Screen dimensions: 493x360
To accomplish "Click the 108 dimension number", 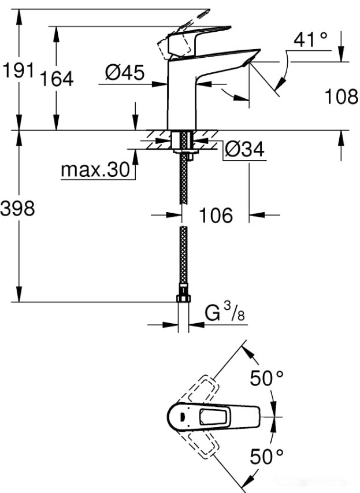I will (x=340, y=97).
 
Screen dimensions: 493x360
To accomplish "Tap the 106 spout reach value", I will (x=216, y=216).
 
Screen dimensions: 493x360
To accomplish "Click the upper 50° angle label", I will (x=266, y=379).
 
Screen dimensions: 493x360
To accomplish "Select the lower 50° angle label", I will (x=266, y=457).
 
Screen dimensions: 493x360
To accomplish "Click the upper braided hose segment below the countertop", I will (x=183, y=179).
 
